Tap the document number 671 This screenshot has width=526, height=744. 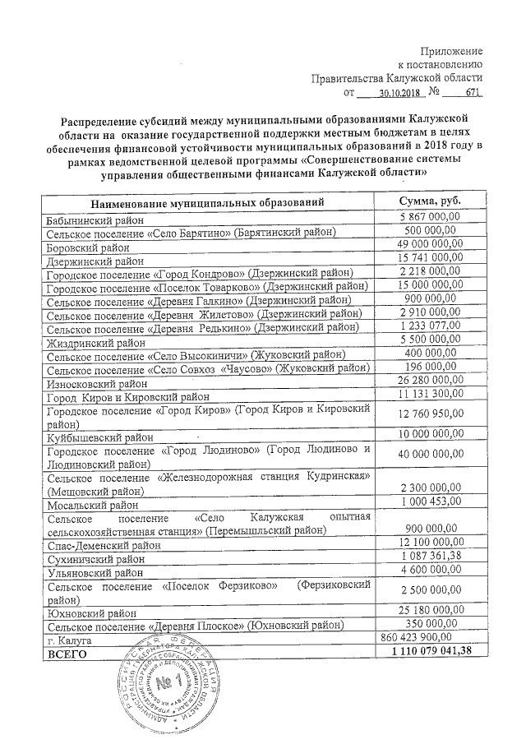[x=471, y=95]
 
